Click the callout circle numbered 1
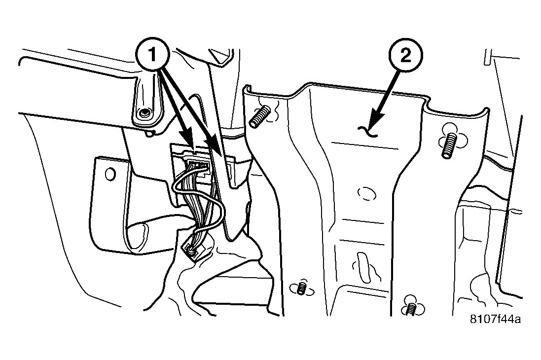click(152, 55)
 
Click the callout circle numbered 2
click(406, 56)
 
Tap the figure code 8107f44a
click(496, 319)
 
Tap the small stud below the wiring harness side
click(301, 287)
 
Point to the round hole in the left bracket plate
click(110, 174)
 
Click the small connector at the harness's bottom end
click(191, 248)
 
